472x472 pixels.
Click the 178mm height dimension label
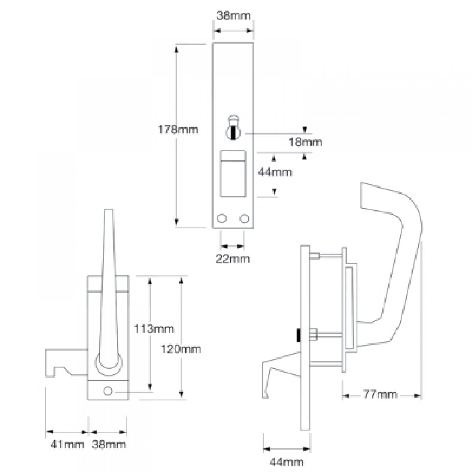[x=179, y=129]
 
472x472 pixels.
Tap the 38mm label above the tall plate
[x=233, y=16]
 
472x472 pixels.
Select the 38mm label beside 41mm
[x=109, y=444]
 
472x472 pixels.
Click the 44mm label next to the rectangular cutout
[x=275, y=172]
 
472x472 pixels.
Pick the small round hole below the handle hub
[x=108, y=391]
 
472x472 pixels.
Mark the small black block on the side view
[x=297, y=336]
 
